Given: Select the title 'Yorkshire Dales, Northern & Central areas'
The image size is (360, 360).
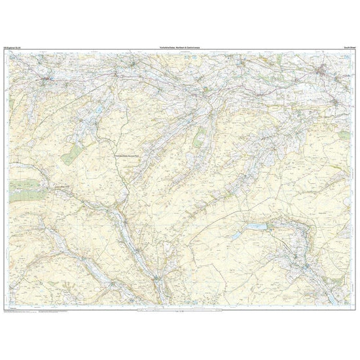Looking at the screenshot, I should (179, 45).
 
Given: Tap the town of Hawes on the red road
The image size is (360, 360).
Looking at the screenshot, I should (48, 81).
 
